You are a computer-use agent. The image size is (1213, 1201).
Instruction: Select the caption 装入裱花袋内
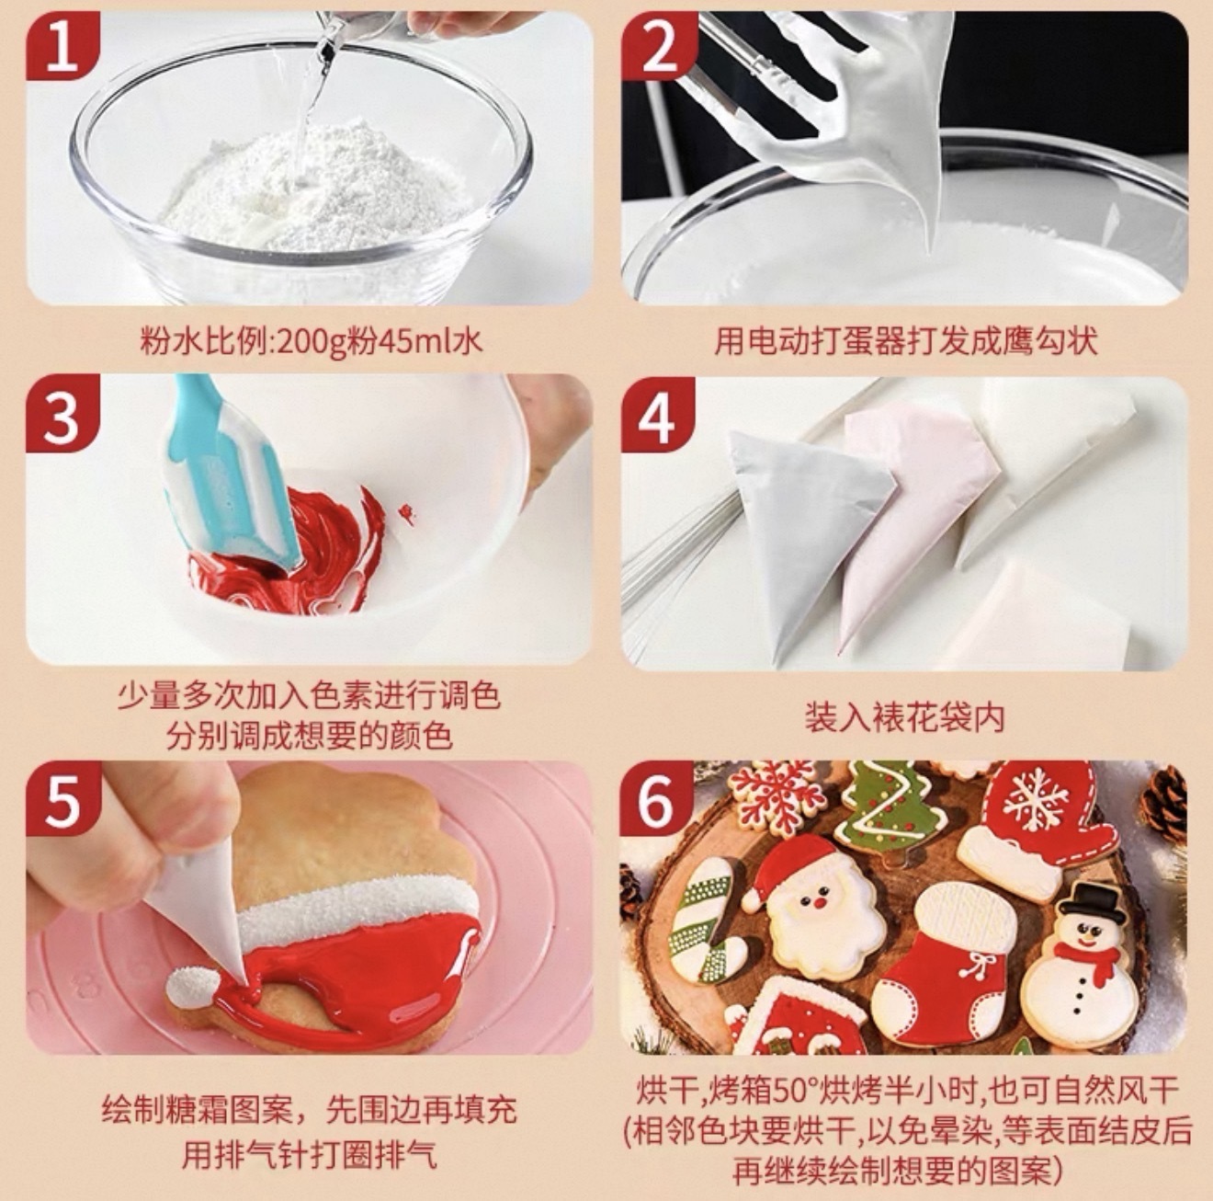point(904,717)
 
